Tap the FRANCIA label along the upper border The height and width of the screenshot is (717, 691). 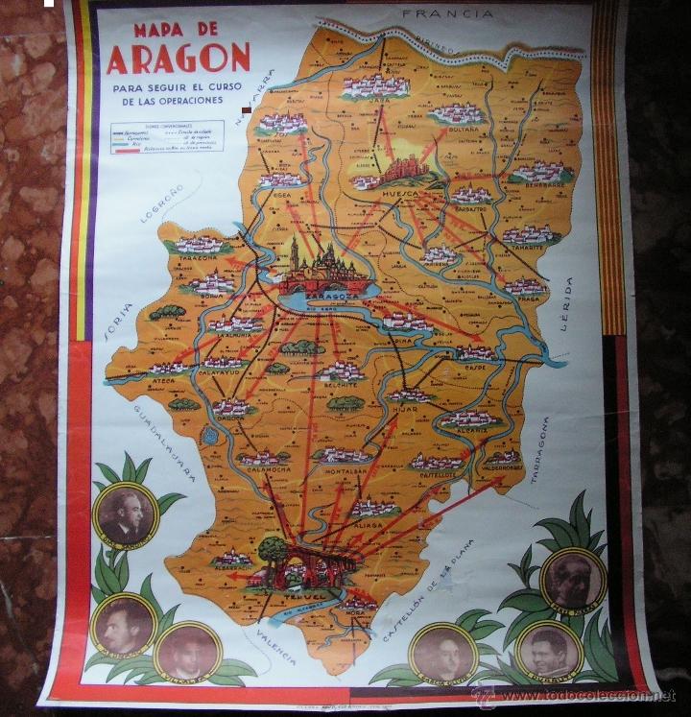coord(448,14)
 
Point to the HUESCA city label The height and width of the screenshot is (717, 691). coord(401,192)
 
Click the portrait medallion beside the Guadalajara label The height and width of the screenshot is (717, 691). coord(125,514)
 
